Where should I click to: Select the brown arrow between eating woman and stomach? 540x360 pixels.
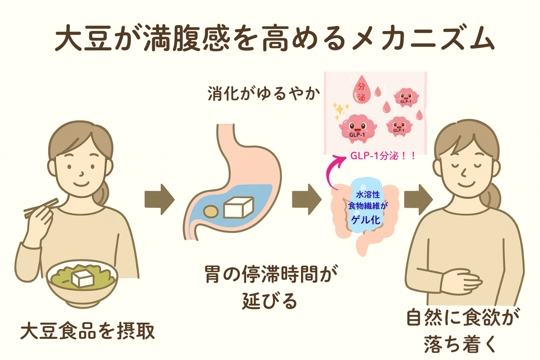tap(159, 198)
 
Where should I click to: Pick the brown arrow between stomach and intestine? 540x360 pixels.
tap(306, 198)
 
